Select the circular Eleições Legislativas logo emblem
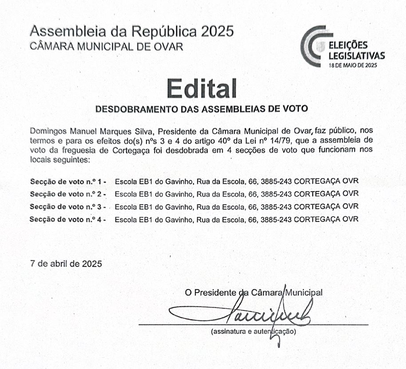[x=313, y=46]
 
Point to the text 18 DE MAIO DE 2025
[x=352, y=65]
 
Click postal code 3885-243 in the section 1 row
[x=276, y=181]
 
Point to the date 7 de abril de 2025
[x=66, y=263]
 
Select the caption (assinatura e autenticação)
[x=254, y=331]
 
